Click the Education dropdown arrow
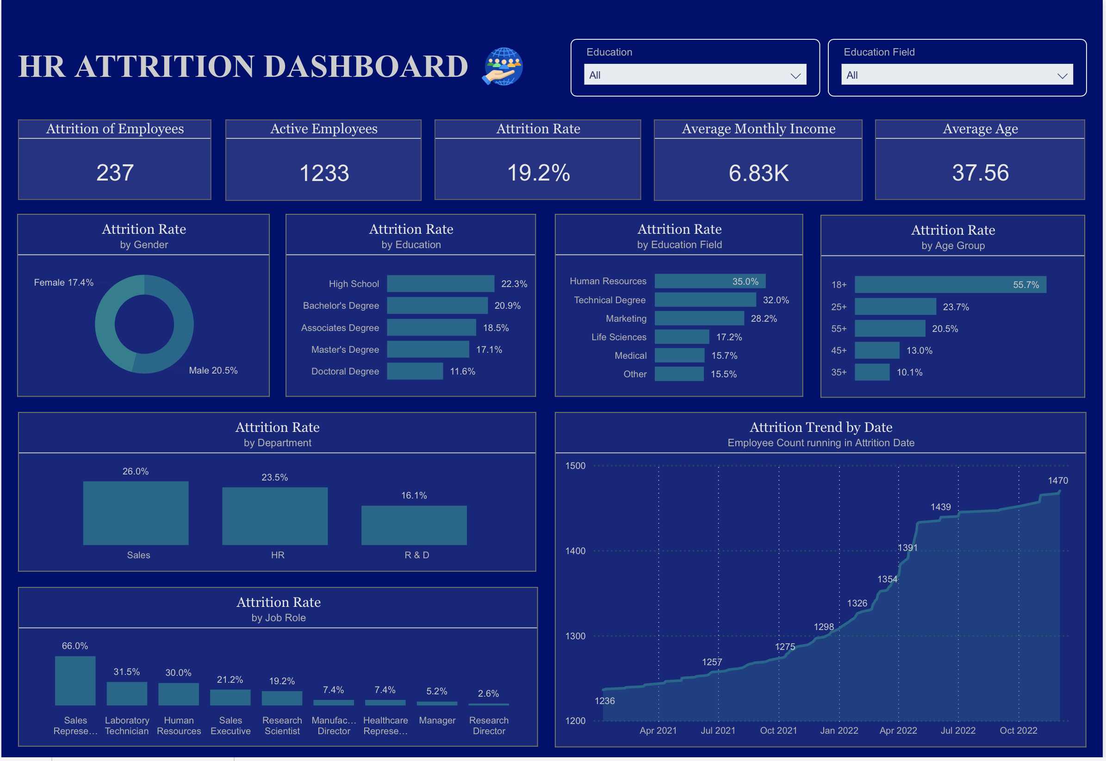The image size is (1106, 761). (x=795, y=76)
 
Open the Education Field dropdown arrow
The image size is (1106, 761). (x=1062, y=76)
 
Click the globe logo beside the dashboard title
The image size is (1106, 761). (x=503, y=66)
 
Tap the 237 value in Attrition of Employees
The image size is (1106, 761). (x=114, y=173)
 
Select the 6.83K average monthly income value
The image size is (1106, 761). (x=758, y=173)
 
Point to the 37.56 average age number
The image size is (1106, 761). (x=980, y=173)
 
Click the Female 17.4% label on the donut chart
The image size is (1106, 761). (x=63, y=282)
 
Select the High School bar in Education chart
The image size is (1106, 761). (x=440, y=284)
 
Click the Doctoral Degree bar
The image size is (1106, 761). (x=415, y=371)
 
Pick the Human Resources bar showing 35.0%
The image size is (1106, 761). (x=709, y=281)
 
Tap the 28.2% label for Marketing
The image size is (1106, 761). (x=763, y=318)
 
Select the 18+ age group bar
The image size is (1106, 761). (x=950, y=285)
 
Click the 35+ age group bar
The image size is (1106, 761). (x=871, y=372)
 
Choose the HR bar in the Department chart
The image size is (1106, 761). (x=274, y=516)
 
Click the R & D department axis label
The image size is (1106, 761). (x=416, y=555)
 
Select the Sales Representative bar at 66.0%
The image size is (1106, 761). (x=75, y=680)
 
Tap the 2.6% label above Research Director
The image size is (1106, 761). (x=488, y=693)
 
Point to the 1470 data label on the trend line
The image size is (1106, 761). (x=1057, y=480)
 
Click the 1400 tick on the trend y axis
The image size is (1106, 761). (x=575, y=551)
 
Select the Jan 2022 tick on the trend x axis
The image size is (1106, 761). (x=839, y=730)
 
